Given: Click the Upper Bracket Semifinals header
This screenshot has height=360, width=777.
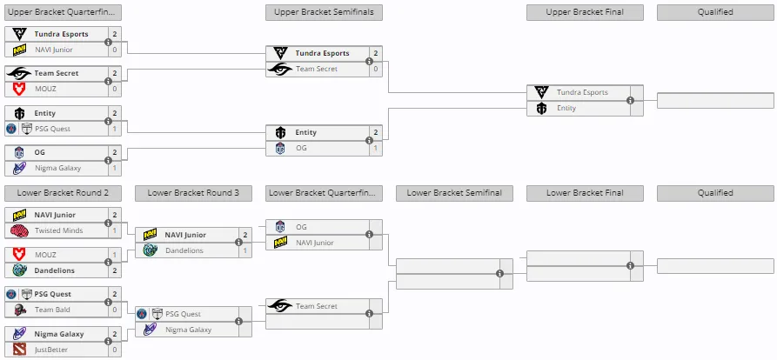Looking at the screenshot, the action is tap(324, 12).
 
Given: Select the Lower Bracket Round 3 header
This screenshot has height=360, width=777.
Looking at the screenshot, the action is tap(193, 193).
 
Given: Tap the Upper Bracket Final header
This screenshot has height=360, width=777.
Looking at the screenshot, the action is tap(585, 12).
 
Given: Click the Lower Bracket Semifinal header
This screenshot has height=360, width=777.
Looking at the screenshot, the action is tap(454, 193).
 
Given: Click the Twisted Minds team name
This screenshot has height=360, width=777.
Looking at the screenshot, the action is tap(58, 230).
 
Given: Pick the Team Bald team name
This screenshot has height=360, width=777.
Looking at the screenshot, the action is tap(52, 310).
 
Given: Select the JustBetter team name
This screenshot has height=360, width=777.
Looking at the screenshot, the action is tap(51, 350).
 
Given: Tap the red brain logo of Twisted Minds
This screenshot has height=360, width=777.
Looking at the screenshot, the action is tap(19, 230).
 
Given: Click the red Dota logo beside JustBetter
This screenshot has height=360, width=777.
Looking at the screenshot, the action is tap(19, 349).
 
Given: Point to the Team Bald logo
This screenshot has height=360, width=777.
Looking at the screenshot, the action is tap(19, 310).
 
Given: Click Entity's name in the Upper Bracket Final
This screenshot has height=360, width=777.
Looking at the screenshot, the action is tap(566, 108).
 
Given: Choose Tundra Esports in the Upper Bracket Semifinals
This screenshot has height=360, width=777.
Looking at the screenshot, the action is tap(322, 54).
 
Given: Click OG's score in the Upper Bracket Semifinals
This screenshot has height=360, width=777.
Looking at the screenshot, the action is tap(376, 148).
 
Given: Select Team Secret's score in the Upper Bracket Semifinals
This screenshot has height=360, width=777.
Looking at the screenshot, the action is tap(376, 69).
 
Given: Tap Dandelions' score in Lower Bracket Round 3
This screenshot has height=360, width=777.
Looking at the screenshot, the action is tap(245, 250).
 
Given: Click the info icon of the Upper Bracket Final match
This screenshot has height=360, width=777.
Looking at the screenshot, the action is tap(630, 101).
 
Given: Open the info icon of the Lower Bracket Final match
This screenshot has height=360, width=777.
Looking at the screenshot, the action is tap(630, 266).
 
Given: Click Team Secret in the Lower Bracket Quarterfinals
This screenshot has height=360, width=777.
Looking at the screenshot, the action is tap(316, 306).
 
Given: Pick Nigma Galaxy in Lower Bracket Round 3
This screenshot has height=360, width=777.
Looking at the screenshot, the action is tap(188, 330).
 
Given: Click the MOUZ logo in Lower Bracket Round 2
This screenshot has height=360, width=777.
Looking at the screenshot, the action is tap(19, 255).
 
